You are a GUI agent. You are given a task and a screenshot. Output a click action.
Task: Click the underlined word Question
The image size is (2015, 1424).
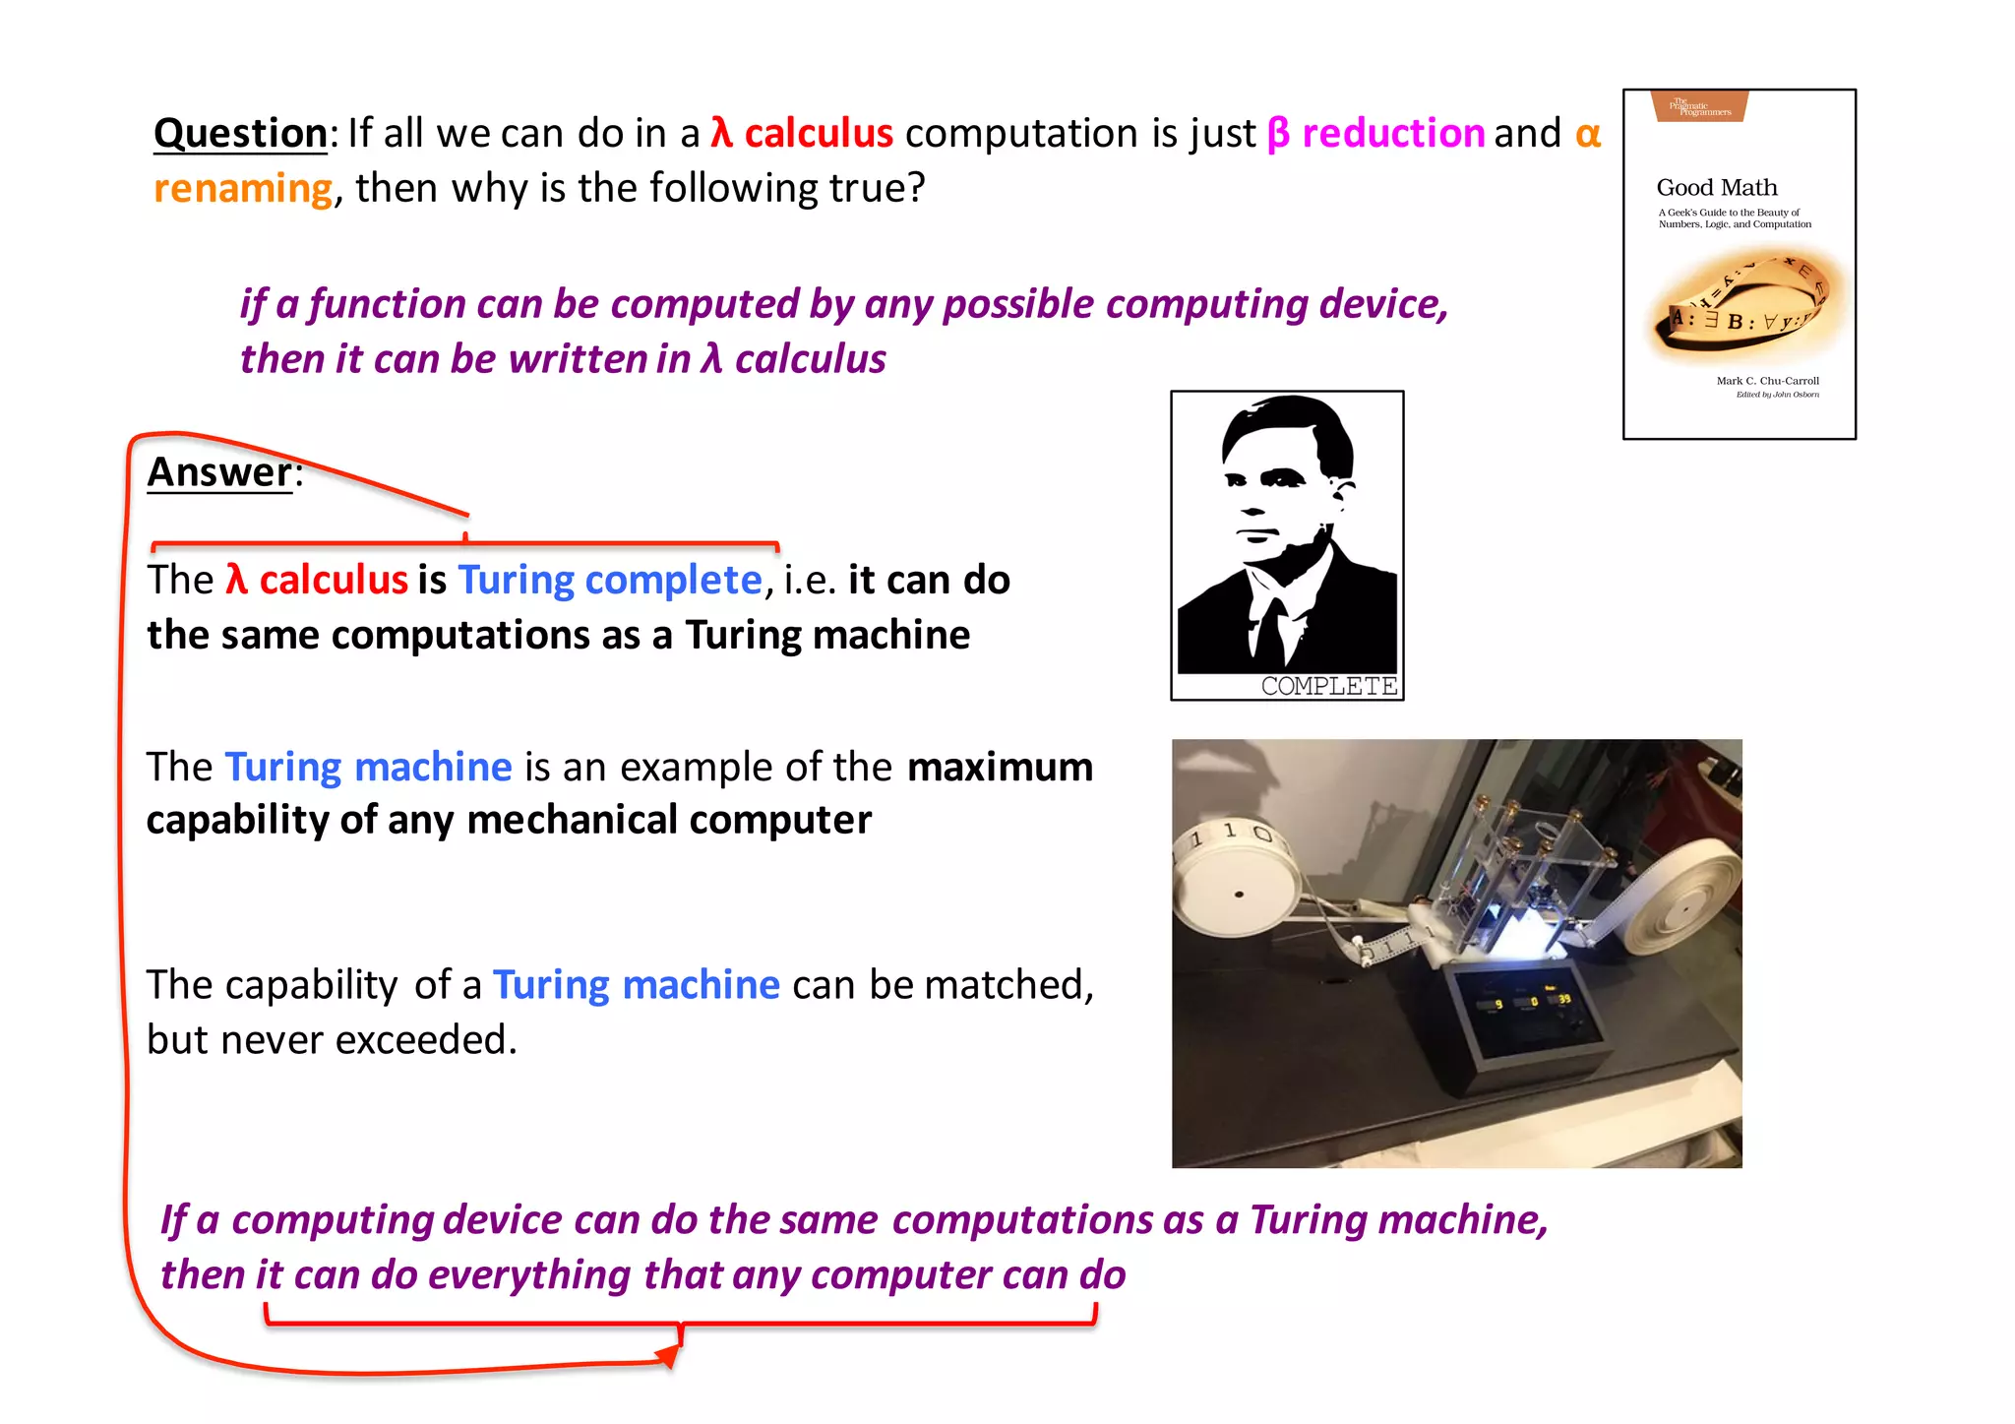point(240,134)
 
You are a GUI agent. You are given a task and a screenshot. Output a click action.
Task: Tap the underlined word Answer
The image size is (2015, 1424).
point(219,472)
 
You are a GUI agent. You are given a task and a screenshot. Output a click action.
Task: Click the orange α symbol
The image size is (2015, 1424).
point(1588,133)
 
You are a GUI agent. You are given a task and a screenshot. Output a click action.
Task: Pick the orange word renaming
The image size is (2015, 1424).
point(243,188)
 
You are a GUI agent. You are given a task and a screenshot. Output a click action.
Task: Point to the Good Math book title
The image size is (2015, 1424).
point(1717,187)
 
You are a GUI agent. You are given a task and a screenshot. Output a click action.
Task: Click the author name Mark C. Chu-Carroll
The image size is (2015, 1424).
point(1767,381)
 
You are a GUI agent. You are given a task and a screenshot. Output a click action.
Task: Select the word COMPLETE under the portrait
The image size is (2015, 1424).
point(1328,686)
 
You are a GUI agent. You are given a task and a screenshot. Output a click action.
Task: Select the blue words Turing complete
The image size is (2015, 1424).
point(610,580)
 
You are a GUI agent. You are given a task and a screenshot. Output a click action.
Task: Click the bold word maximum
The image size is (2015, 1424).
point(1000,767)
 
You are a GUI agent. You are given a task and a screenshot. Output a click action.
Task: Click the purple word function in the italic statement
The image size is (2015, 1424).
point(387,304)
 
